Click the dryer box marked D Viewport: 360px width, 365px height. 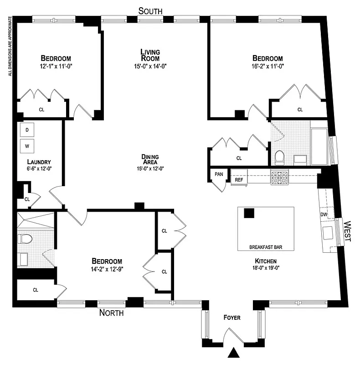click(27, 130)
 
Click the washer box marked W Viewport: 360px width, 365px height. click(27, 146)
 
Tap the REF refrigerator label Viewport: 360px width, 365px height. click(239, 180)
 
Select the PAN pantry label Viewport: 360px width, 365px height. click(218, 174)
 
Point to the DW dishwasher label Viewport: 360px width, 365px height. click(324, 214)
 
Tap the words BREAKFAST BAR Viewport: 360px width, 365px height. click(266, 247)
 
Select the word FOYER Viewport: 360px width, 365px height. click(232, 318)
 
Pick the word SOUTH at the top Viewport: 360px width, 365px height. click(150, 11)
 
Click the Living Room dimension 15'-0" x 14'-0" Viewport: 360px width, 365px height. click(150, 66)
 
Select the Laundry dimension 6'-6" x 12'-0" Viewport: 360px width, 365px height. click(38, 169)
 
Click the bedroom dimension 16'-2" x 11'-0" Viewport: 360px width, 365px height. click(267, 66)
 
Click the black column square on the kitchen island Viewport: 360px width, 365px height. click(249, 213)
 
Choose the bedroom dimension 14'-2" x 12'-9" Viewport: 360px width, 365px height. click(107, 269)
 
